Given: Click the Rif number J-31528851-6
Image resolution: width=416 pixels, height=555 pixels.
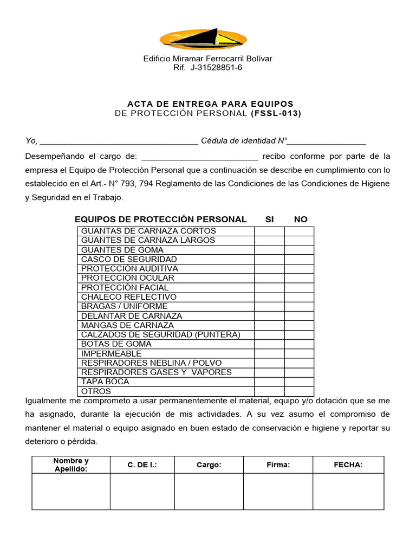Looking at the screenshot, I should click(216, 68).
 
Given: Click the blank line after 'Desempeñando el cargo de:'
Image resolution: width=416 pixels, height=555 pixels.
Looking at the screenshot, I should click(200, 157).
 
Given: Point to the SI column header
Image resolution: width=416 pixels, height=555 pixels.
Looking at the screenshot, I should click(269, 220).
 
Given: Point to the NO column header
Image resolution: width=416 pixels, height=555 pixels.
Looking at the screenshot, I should click(300, 220).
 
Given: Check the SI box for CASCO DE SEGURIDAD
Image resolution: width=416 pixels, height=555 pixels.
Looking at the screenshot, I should click(269, 259).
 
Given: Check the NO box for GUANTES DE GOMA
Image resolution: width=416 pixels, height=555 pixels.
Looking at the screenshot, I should click(299, 250).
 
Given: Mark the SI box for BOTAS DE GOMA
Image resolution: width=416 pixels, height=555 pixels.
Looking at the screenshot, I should click(269, 344).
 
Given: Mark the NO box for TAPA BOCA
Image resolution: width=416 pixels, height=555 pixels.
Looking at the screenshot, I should click(299, 382).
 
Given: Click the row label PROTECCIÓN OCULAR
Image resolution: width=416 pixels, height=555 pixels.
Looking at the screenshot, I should click(128, 278).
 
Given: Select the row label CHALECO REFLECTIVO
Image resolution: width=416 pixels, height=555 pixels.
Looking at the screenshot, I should click(129, 297).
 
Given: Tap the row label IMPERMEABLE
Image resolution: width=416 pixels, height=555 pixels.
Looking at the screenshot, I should click(111, 353).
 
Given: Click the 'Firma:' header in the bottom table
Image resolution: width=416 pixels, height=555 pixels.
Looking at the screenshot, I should click(278, 465).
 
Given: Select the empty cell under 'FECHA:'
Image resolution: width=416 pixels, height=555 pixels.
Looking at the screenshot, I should click(348, 492).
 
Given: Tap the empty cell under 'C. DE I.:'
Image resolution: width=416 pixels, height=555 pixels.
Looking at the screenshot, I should click(142, 492).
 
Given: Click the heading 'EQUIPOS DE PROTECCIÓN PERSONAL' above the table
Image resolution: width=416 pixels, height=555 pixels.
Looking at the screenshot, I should click(160, 220).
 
